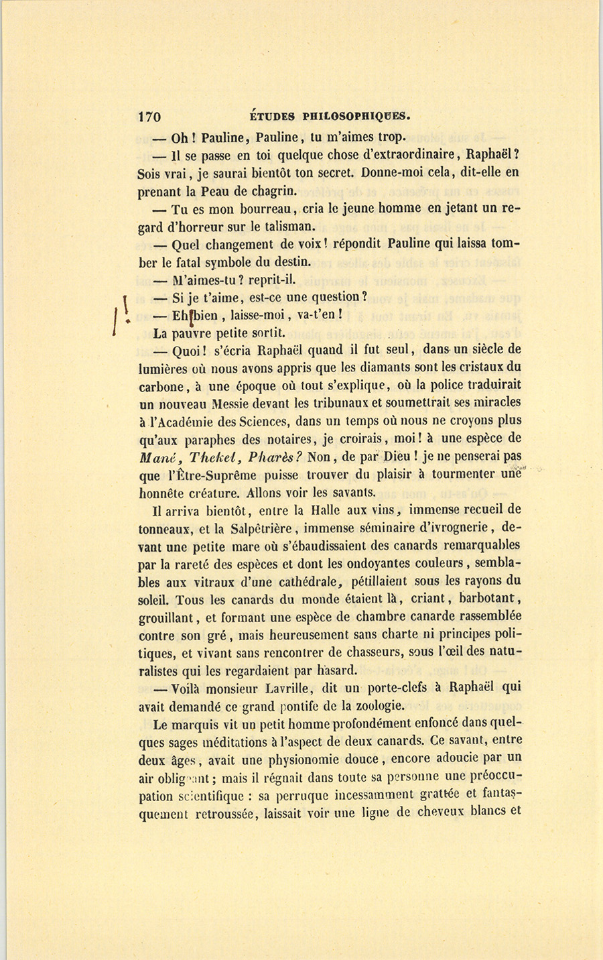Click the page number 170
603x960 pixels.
pyautogui.click(x=149, y=116)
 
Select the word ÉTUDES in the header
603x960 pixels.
pyautogui.click(x=267, y=115)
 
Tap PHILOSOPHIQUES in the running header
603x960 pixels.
pyautogui.click(x=348, y=115)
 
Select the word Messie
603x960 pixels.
pyautogui.click(x=233, y=404)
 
